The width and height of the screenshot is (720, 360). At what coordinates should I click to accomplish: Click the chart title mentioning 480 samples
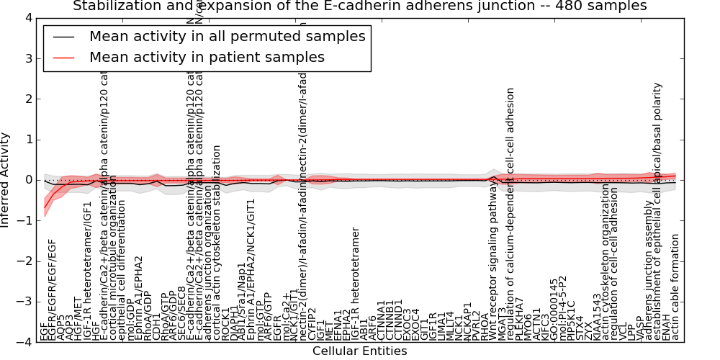tap(359, 6)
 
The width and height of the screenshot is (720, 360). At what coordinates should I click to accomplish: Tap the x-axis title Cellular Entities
tap(359, 351)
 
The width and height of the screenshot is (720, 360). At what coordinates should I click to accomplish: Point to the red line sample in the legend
tap(63, 58)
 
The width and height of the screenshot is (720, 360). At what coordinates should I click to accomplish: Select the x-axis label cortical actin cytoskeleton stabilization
tap(217, 243)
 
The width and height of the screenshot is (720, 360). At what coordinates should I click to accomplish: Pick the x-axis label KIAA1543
tap(597, 317)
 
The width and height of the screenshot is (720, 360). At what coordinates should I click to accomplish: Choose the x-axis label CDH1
tap(156, 328)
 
